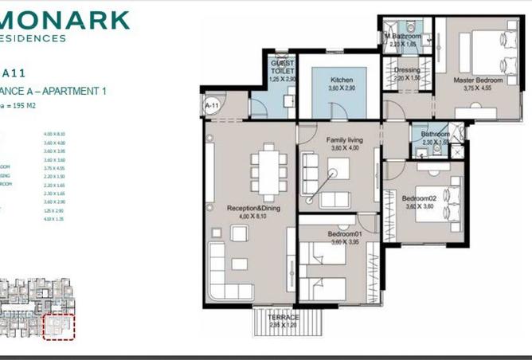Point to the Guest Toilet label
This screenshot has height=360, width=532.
pyautogui.click(x=282, y=65)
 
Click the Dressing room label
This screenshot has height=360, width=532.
pyautogui.click(x=407, y=69)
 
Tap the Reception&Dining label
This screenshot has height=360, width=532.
pyautogui.click(x=250, y=208)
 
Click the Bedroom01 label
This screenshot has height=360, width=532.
pyautogui.click(x=344, y=234)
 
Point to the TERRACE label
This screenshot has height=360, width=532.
pyautogui.click(x=284, y=317)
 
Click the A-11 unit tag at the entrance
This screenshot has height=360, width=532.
pyautogui.click(x=212, y=104)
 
